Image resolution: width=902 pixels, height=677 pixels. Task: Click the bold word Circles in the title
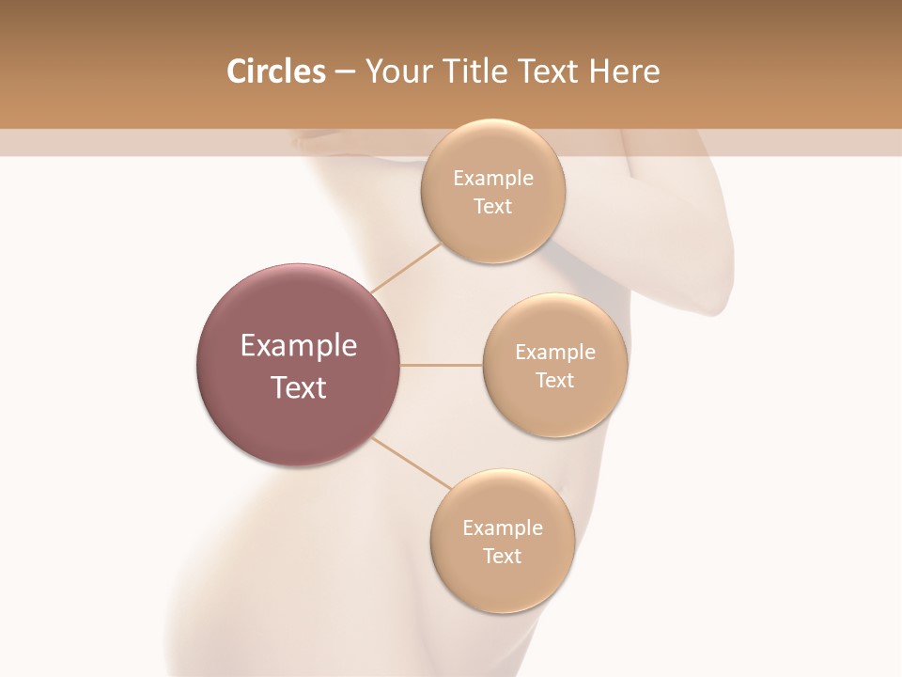click(275, 71)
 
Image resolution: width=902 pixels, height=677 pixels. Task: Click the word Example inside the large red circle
click(299, 346)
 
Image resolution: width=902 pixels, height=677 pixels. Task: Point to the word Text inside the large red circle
click(299, 387)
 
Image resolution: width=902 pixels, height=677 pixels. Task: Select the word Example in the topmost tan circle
click(492, 179)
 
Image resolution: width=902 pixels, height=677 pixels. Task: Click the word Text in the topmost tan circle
click(492, 207)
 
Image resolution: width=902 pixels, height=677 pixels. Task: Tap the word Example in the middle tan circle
click(555, 353)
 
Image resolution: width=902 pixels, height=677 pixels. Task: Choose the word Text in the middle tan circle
click(555, 381)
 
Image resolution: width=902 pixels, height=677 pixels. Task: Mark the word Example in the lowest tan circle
click(502, 528)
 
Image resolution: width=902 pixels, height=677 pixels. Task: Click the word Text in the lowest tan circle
click(502, 557)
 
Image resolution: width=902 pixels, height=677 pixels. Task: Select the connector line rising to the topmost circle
click(406, 267)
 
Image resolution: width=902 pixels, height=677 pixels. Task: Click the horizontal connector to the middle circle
click(442, 365)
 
